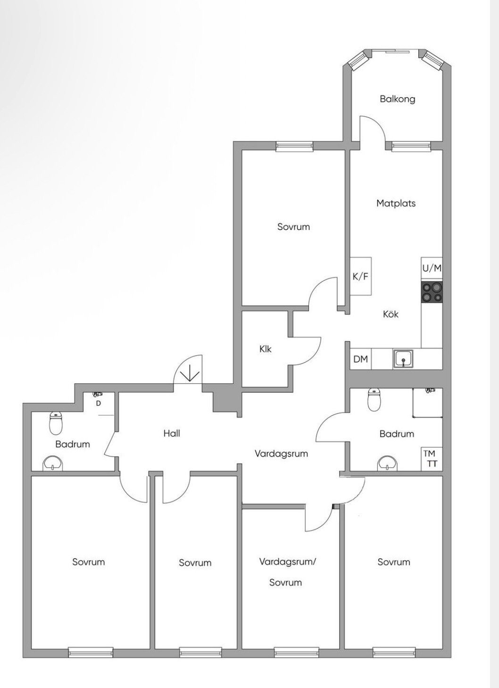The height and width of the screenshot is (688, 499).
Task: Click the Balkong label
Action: tap(397, 99)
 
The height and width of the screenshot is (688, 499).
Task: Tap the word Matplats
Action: tap(396, 203)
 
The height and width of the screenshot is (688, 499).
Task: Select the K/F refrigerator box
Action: tap(361, 276)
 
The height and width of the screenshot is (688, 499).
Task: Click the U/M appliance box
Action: tap(432, 269)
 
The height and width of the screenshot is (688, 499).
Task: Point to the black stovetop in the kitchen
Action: tap(432, 292)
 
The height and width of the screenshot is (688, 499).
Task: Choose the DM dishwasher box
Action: tap(361, 359)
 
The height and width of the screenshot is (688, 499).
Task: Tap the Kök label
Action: tap(391, 314)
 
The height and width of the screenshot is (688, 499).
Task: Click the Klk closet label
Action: tap(265, 349)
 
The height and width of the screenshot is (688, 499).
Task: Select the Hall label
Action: tap(172, 433)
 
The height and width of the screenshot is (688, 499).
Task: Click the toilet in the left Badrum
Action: tap(56, 423)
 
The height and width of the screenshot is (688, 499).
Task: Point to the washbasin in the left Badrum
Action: tap(53, 463)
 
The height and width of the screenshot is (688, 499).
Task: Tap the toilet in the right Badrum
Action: tap(374, 399)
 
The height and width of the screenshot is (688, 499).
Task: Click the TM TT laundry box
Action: tap(432, 458)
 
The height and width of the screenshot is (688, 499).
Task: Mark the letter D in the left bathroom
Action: tap(98, 404)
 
